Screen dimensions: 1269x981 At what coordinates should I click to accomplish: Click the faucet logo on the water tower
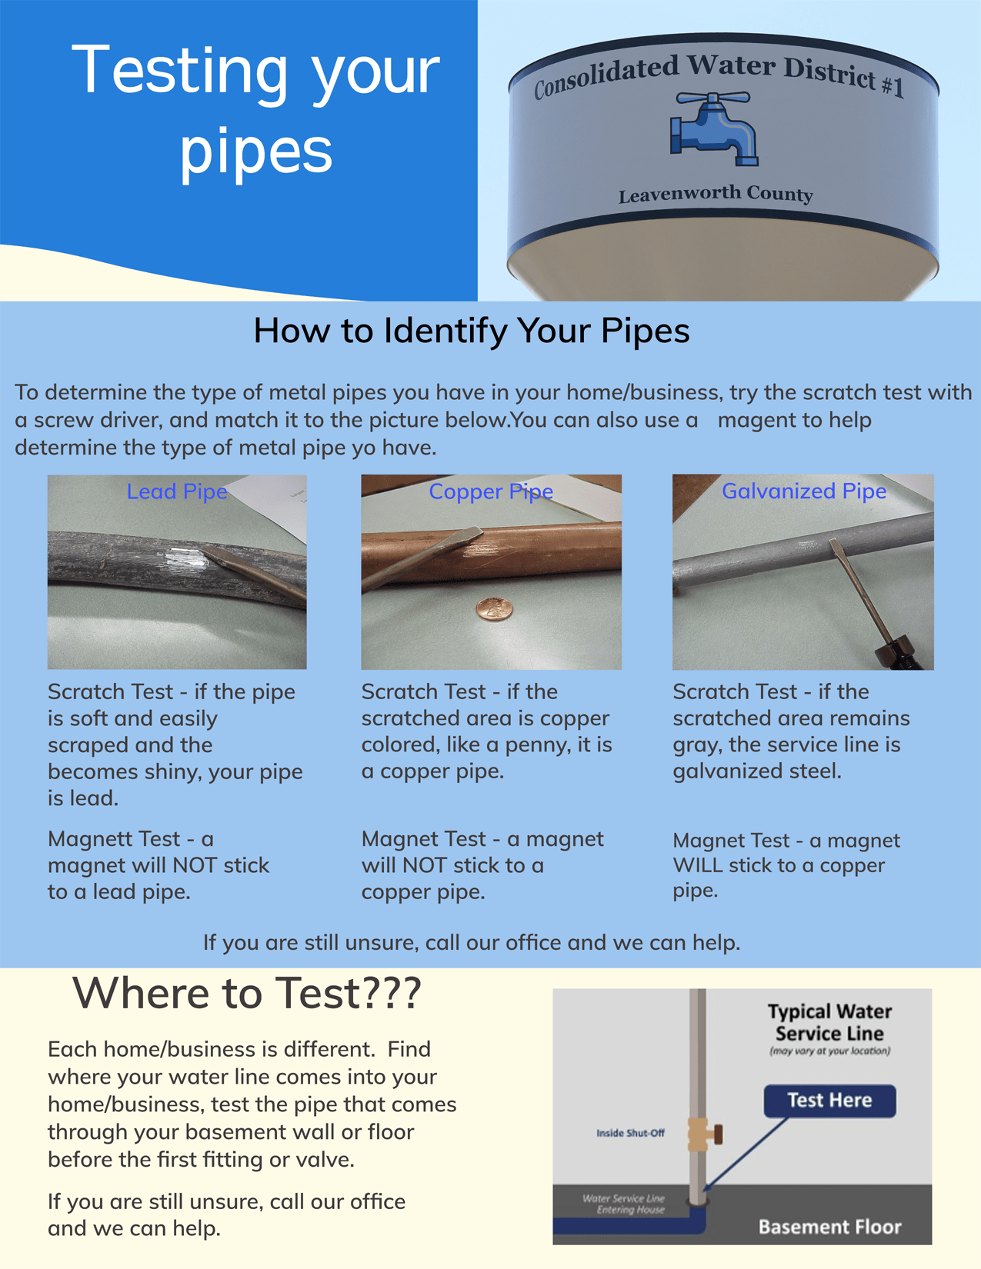coord(714,129)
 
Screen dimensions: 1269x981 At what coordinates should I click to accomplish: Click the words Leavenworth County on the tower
coord(716,195)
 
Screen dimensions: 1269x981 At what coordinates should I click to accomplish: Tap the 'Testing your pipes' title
coord(255,109)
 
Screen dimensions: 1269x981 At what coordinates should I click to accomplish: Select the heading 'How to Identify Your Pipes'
coord(471,331)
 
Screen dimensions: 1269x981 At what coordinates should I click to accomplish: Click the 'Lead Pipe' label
coord(177,491)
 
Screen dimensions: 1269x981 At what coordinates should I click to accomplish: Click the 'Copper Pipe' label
coord(491,491)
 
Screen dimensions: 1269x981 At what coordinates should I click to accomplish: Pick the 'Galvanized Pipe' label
coord(803,491)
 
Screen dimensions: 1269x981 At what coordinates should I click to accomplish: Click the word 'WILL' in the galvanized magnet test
coord(697,865)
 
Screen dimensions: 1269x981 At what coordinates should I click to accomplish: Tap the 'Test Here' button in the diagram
coord(829,1101)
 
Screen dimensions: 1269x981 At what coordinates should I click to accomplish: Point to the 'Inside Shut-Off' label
coord(630,1133)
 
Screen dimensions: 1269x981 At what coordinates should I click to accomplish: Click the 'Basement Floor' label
coord(829,1227)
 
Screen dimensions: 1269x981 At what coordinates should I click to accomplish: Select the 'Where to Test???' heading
coord(246,993)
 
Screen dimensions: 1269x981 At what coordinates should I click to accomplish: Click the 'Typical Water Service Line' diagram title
coord(829,1022)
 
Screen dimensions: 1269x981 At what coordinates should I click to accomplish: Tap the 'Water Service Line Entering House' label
coord(625,1204)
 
